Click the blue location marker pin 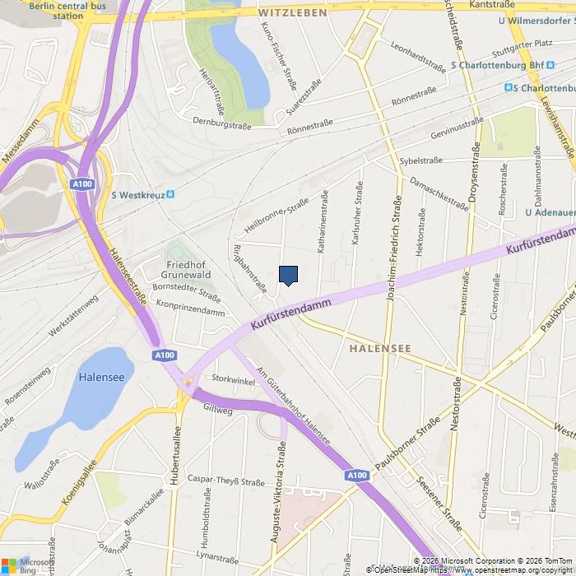pos(288,276)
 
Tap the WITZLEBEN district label pos(293,13)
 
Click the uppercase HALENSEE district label pos(379,349)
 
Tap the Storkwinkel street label pos(233,379)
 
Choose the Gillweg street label pos(218,409)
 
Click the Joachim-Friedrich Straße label pos(393,249)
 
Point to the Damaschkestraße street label pos(439,194)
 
